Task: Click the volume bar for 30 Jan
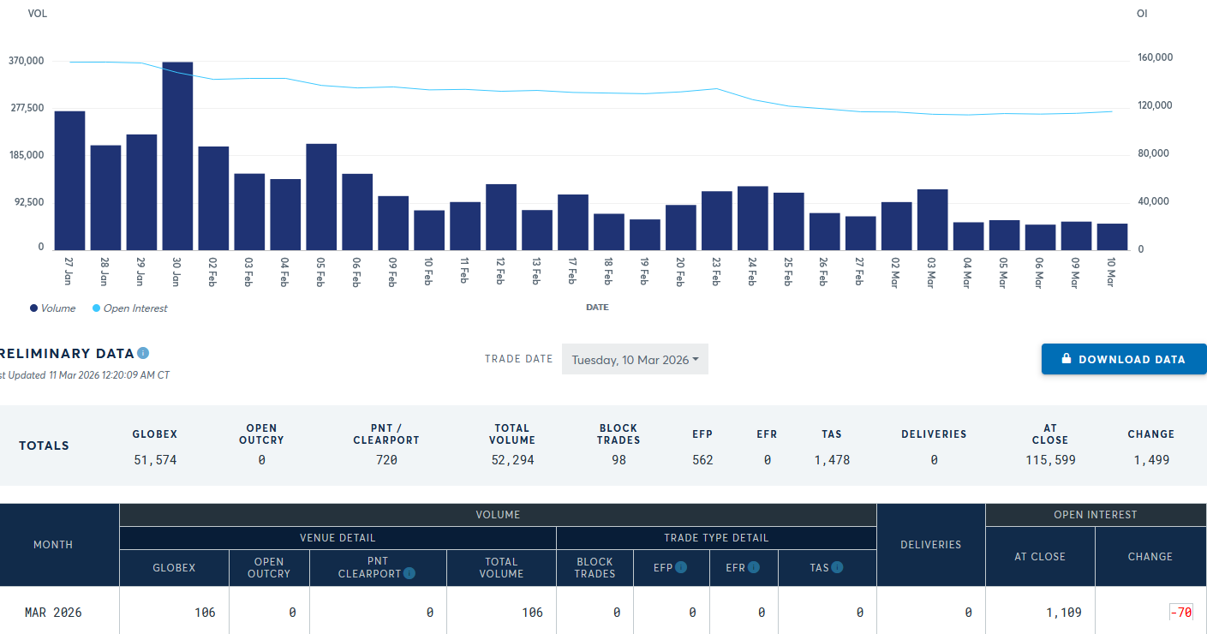click(177, 155)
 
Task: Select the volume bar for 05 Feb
click(321, 196)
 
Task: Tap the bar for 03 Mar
click(932, 219)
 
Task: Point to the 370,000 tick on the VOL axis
click(27, 61)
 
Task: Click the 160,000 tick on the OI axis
click(1155, 57)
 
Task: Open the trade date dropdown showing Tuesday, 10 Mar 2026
click(635, 360)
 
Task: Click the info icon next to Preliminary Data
click(143, 353)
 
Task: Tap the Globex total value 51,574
click(155, 460)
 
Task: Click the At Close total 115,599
click(1050, 460)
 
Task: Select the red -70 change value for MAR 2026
click(1181, 613)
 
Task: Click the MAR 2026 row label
click(53, 613)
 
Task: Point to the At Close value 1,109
click(1063, 613)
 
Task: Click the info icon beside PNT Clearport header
click(409, 573)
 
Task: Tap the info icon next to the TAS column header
click(837, 567)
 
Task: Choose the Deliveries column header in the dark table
click(930, 544)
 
